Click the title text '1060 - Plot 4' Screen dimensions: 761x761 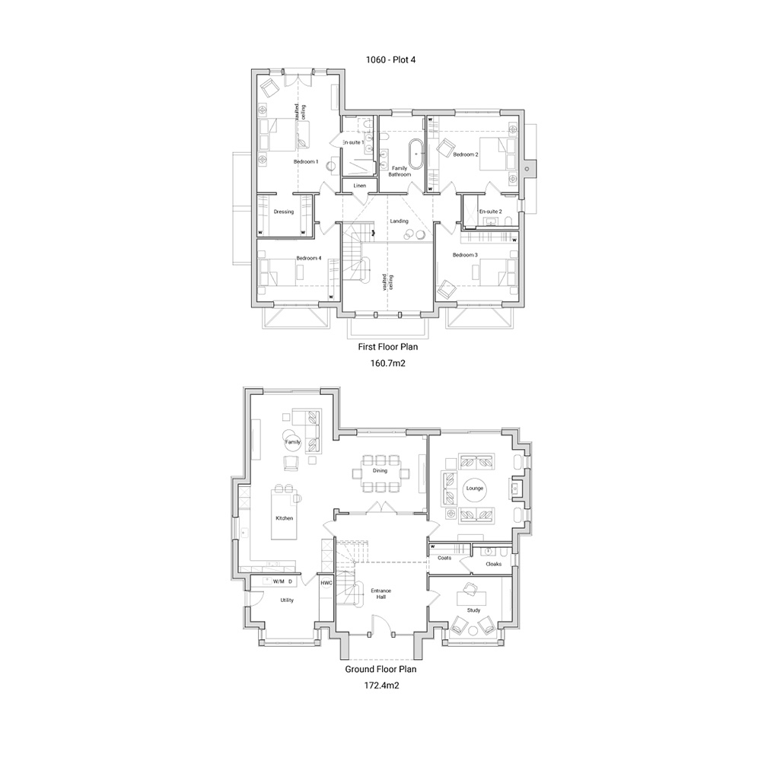[390, 60]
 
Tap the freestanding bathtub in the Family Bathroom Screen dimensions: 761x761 [416, 154]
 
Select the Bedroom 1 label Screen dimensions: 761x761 [306, 161]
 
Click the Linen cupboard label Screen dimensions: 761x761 [360, 186]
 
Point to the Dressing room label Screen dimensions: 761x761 [283, 212]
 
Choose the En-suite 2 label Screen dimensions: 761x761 [490, 212]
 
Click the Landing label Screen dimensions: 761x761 [399, 221]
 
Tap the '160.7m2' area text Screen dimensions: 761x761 [388, 363]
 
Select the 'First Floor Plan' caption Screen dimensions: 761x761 [388, 347]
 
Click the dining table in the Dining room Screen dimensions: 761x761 [380, 473]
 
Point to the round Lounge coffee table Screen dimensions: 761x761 [475, 489]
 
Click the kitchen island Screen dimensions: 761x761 [285, 514]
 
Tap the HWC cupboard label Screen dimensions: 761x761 [326, 583]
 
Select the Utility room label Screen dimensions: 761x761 [287, 600]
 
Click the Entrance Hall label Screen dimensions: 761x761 [381, 594]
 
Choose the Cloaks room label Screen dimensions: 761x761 [494, 564]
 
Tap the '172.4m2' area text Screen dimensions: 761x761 [382, 686]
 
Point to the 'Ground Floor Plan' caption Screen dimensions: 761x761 [381, 669]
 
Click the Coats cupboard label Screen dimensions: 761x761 [444, 558]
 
